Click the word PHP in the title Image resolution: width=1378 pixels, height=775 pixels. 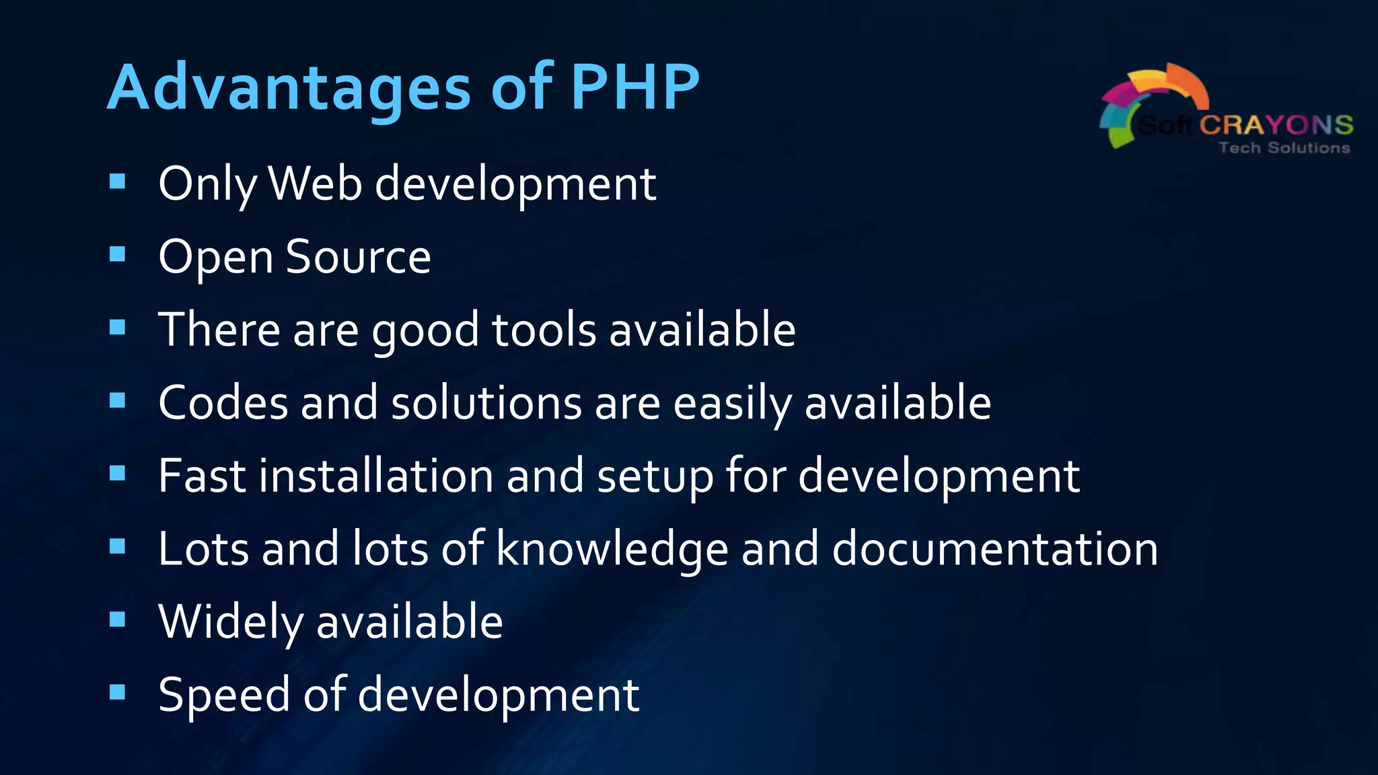coord(635,87)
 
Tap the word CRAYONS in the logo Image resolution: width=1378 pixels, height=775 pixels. coord(1276,125)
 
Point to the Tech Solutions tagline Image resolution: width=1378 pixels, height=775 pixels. coord(1284,148)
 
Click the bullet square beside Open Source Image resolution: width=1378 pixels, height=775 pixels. coord(118,254)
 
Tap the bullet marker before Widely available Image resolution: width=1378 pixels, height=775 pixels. coord(118,619)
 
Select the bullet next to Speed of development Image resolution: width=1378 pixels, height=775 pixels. coord(118,692)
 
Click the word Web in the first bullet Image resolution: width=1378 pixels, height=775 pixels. coord(315,183)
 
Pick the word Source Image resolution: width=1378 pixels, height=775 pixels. coord(358,257)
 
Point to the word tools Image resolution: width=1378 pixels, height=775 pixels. coord(544,330)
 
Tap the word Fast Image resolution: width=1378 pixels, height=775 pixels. coord(202,476)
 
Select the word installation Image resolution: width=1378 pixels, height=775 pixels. coord(376,476)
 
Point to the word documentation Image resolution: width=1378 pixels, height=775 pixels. coord(994,549)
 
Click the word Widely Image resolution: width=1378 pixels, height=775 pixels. coord(231,622)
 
